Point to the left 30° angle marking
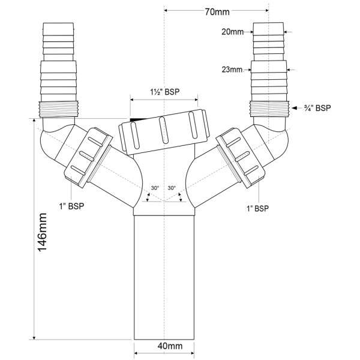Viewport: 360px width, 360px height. pos(155,188)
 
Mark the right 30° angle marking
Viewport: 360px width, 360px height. pos(172,188)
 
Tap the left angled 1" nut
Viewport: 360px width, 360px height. pos(88,154)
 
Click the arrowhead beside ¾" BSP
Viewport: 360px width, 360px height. pos(295,108)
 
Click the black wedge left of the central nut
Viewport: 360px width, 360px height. pos(137,120)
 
